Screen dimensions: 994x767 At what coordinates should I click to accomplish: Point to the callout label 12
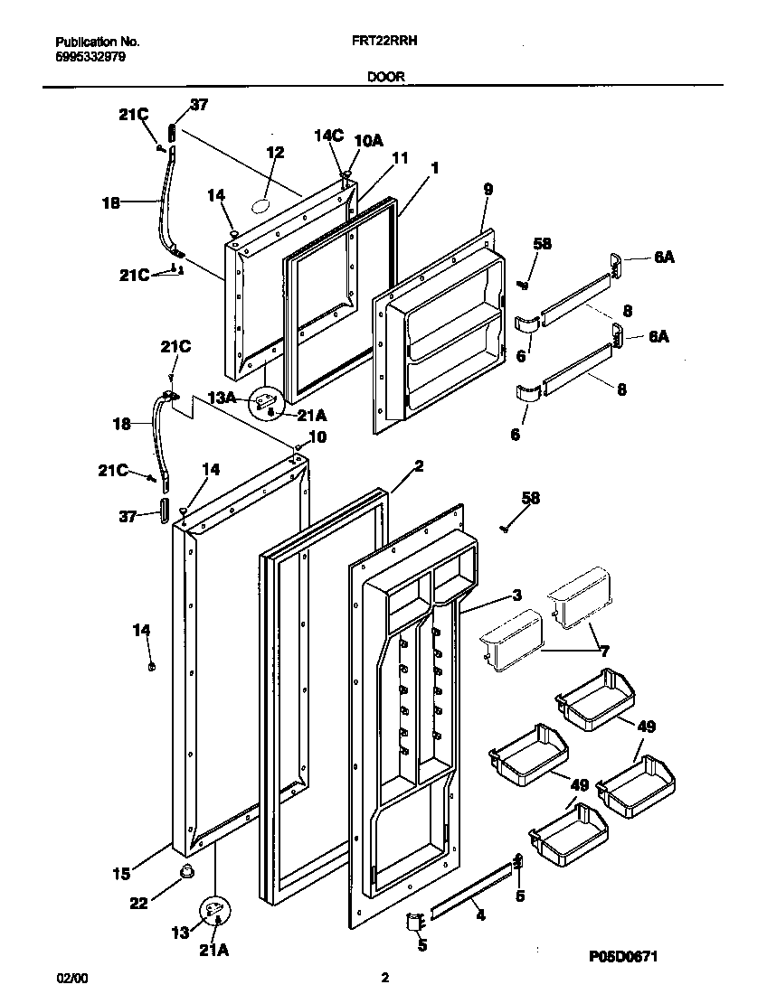pyautogui.click(x=275, y=153)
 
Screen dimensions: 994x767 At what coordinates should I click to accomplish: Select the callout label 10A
pyautogui.click(x=368, y=140)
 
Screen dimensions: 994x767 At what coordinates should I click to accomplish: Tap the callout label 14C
pyautogui.click(x=329, y=136)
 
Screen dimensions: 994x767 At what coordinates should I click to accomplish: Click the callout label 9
pyautogui.click(x=488, y=190)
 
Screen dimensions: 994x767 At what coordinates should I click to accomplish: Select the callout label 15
pyautogui.click(x=121, y=874)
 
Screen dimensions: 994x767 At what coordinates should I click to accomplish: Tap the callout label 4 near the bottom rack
pyautogui.click(x=480, y=916)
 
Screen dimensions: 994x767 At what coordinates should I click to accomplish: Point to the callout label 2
pyautogui.click(x=419, y=466)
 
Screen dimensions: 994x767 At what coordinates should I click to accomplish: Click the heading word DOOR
pyautogui.click(x=386, y=78)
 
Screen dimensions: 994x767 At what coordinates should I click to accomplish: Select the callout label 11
pyautogui.click(x=400, y=159)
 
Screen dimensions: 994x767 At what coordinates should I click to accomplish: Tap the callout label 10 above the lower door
pyautogui.click(x=317, y=437)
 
